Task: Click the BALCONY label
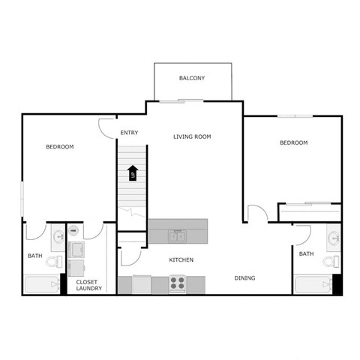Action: coord(192,79)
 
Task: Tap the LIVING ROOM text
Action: coord(192,136)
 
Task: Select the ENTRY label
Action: coord(129,133)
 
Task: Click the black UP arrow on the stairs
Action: coord(132,173)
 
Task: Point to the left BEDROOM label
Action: coord(60,147)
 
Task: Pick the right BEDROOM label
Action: coord(293,142)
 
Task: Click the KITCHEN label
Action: coord(181,260)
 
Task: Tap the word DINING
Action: coord(244,278)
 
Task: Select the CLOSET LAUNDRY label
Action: coord(89,286)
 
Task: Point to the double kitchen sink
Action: coord(178,237)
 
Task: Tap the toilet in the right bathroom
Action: coord(328,262)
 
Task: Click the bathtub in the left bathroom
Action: coord(41,285)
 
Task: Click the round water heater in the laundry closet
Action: coord(74,231)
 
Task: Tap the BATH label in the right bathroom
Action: coord(306,254)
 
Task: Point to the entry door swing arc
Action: coord(107,127)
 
